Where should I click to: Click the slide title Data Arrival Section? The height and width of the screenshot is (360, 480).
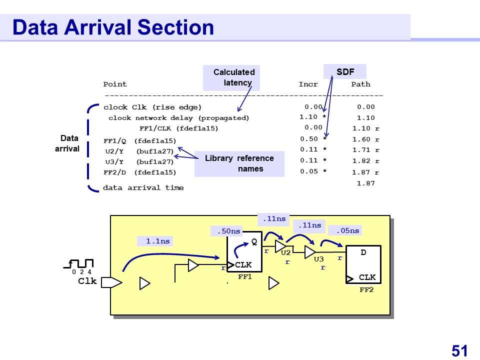pyautogui.click(x=113, y=27)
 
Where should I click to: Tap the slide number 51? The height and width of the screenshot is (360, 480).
pyautogui.click(x=459, y=350)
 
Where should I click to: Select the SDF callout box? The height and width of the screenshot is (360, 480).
pyautogui.click(x=345, y=72)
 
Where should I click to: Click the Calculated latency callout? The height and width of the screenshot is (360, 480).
pyautogui.click(x=234, y=77)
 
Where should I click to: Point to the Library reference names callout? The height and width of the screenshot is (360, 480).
pyautogui.click(x=239, y=163)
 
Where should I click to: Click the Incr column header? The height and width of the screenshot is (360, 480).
pyautogui.click(x=308, y=84)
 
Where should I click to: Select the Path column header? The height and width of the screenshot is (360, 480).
pyautogui.click(x=360, y=84)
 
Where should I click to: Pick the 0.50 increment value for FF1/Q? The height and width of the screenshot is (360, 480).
pyautogui.click(x=309, y=139)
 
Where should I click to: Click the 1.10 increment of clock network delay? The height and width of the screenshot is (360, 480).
pyautogui.click(x=308, y=117)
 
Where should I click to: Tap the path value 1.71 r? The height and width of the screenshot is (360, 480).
pyautogui.click(x=365, y=150)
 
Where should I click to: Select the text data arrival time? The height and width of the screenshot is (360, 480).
pyautogui.click(x=143, y=188)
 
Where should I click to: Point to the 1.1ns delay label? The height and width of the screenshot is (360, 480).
pyautogui.click(x=157, y=241)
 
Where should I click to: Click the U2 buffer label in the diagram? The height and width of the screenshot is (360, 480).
pyautogui.click(x=286, y=253)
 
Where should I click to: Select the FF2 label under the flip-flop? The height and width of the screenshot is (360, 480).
pyautogui.click(x=366, y=290)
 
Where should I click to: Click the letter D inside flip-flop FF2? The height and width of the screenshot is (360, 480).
pyautogui.click(x=363, y=253)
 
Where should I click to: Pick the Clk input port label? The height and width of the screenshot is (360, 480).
pyautogui.click(x=87, y=281)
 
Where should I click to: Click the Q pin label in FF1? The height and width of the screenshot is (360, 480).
pyautogui.click(x=254, y=241)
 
